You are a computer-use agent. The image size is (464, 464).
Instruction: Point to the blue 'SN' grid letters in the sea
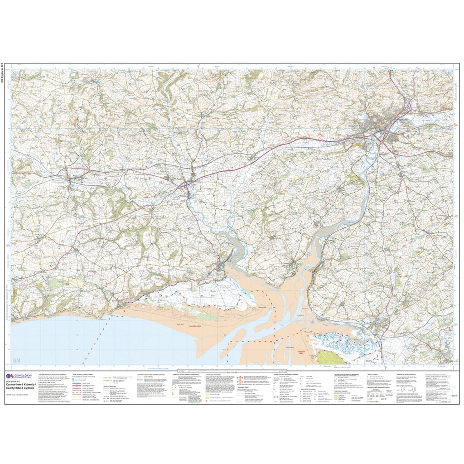point(17,361)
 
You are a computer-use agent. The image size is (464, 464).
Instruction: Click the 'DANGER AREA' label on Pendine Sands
point(184,325)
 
